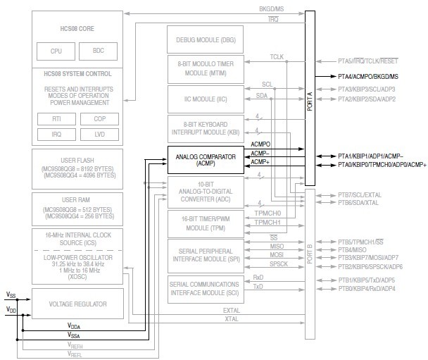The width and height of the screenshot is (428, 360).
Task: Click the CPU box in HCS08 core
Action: (56, 51)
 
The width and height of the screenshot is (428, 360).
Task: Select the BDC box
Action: (99, 51)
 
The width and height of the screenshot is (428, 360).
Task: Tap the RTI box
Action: (56, 119)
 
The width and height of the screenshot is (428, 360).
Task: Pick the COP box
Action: (99, 119)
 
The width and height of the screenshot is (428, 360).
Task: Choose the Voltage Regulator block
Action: (77, 304)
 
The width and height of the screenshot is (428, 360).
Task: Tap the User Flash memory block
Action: (77, 167)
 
